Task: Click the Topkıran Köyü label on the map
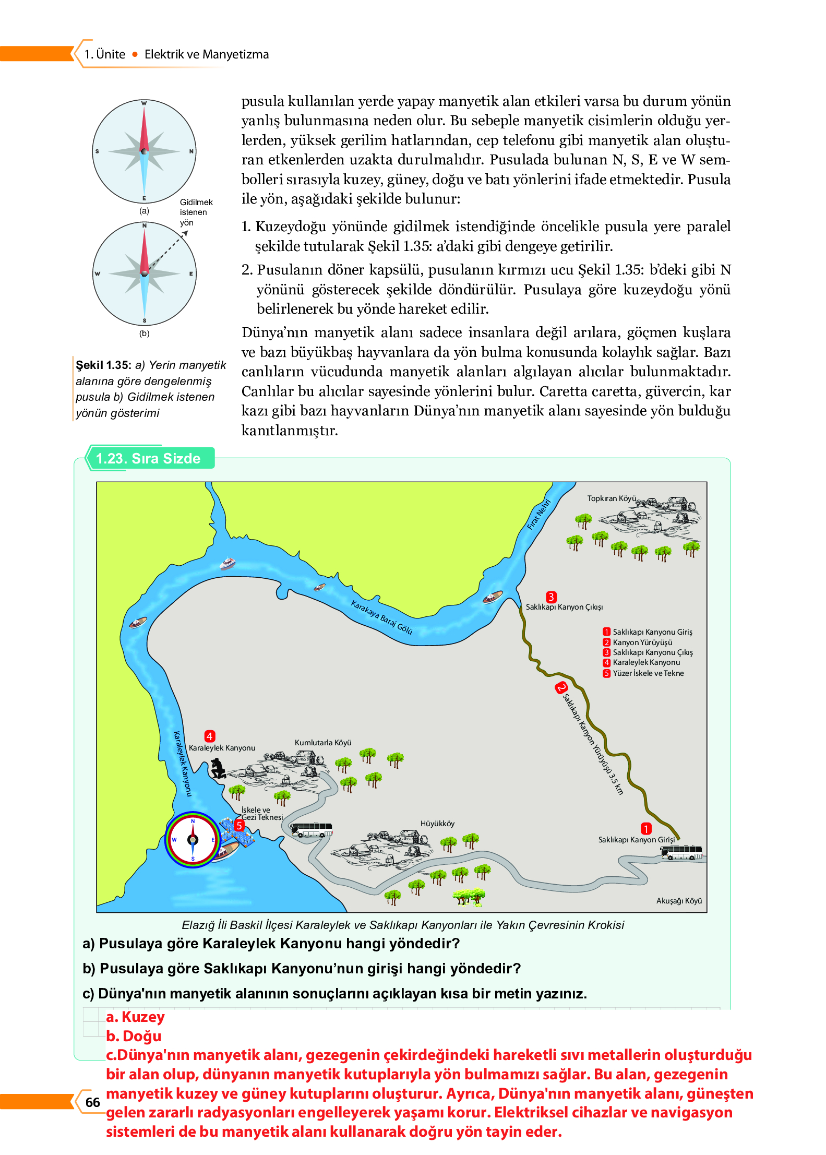[x=611, y=498]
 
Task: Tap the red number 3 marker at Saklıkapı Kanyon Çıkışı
[x=551, y=597]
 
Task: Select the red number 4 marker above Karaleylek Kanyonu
[x=210, y=736]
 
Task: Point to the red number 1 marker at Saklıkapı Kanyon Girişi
[x=646, y=829]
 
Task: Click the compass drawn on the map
[x=193, y=840]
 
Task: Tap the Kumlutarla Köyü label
[x=323, y=743]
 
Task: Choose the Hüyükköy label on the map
[x=437, y=824]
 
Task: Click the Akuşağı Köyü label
[x=679, y=901]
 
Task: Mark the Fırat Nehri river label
[x=539, y=515]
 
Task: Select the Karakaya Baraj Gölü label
[x=381, y=617]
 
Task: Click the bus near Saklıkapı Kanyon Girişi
[x=681, y=853]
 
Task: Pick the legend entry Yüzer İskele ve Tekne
[x=648, y=673]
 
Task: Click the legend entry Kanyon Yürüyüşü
[x=642, y=642]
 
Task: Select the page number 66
[x=93, y=1102]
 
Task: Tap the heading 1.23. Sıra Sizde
[x=148, y=458]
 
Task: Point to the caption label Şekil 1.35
[x=103, y=365]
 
